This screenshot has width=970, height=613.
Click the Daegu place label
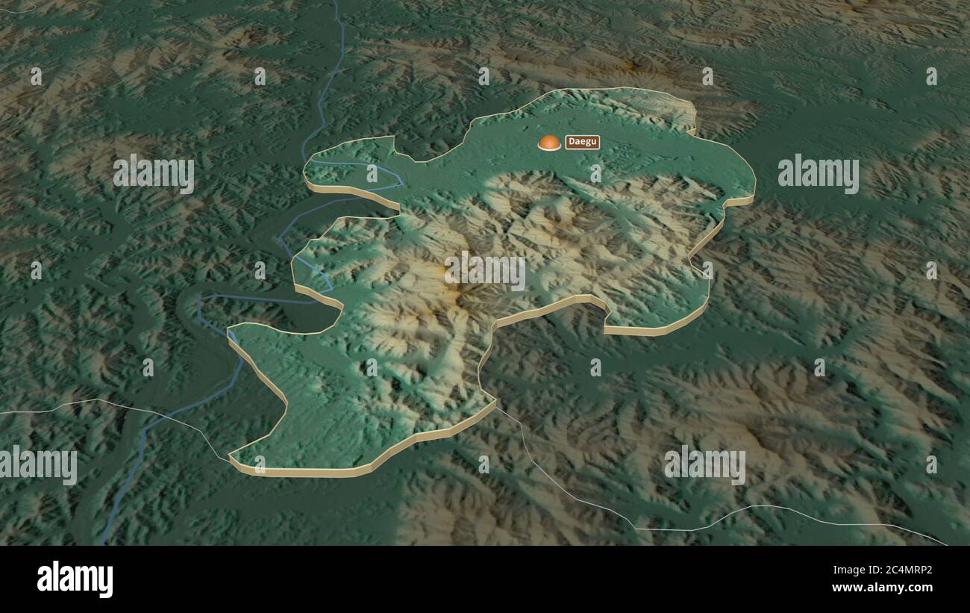pos(582,142)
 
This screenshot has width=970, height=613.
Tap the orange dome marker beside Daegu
pos(549,142)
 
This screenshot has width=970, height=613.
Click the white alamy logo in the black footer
pos(75,579)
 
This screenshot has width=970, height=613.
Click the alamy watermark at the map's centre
pos(485,270)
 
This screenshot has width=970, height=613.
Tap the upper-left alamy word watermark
pos(154,173)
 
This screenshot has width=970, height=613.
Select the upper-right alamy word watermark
pos(818,173)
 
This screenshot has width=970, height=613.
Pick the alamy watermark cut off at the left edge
pos(37,464)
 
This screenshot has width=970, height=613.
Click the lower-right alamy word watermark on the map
pos(704,464)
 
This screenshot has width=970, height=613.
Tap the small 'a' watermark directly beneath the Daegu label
pos(595,173)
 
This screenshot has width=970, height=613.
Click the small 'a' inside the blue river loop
pos(372,173)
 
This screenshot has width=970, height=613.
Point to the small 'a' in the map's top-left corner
pos(36,76)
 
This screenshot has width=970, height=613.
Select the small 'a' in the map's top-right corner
pos(931,76)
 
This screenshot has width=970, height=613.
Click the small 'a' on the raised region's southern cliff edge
pos(260,464)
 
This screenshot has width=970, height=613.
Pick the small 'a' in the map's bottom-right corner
pos(931,464)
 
